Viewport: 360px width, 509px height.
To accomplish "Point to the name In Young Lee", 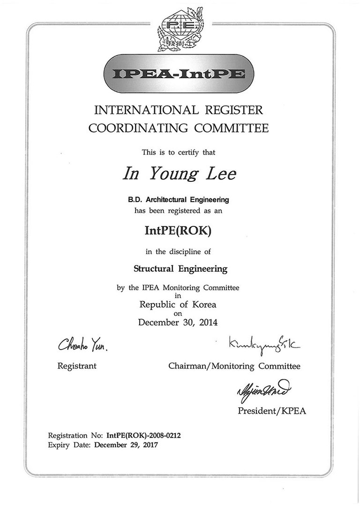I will tap(180, 173).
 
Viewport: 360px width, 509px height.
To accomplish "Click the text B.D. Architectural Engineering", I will tap(179, 200).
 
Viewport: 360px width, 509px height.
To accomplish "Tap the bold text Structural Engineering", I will tap(180, 269).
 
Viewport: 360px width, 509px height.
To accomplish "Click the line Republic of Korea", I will tap(180, 304).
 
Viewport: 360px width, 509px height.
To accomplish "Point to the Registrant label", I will tap(77, 366).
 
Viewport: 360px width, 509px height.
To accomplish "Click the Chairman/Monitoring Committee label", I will tap(234, 366).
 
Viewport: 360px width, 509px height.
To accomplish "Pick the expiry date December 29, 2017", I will tap(127, 445).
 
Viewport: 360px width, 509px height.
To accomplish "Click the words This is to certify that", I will tap(180, 152).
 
